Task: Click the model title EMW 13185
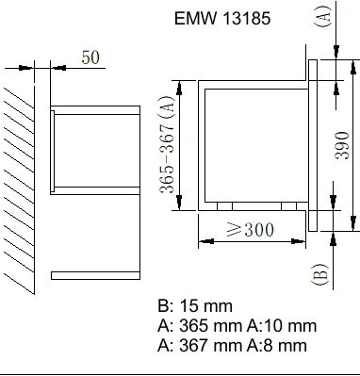222,18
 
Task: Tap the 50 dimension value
90,57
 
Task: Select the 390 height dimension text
342,145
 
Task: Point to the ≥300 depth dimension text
251,230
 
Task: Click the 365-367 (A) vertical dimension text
167,144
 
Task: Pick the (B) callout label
320,274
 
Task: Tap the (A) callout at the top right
323,16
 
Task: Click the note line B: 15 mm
195,306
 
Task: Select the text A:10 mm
282,326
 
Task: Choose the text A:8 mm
277,346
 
